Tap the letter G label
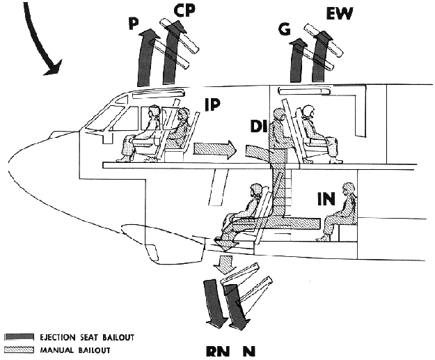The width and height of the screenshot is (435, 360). [x=284, y=30]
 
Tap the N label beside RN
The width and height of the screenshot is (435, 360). [x=247, y=352]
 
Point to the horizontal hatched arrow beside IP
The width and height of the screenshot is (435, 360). [x=217, y=148]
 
